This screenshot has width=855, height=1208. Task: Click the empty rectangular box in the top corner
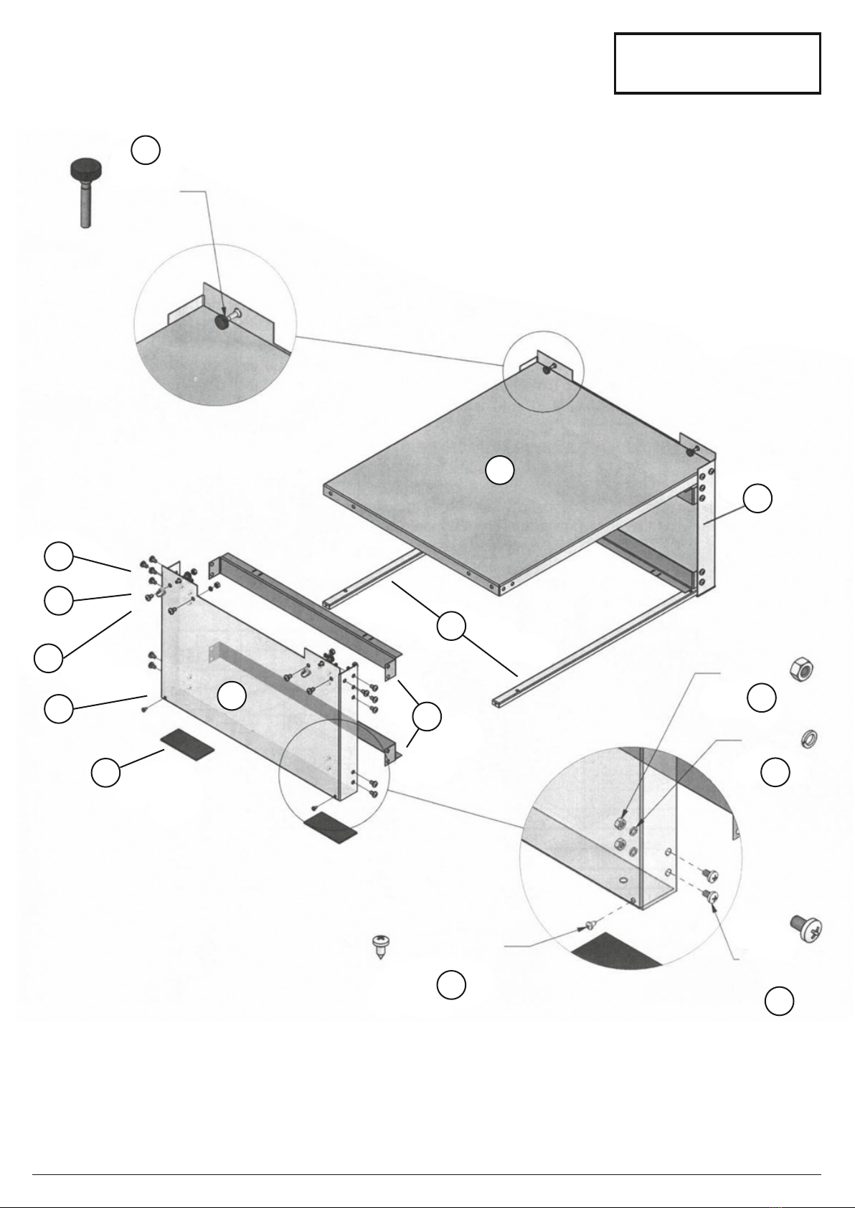[x=717, y=63]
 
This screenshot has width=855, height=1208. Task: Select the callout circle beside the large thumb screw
[x=146, y=150]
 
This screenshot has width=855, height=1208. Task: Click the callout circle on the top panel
[x=499, y=470]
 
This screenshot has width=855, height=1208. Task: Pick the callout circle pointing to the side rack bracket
[x=757, y=499]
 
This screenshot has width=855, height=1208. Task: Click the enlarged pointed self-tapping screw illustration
[x=379, y=946]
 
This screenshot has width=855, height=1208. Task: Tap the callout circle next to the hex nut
[x=762, y=698]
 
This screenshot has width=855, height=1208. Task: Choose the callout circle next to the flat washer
[x=775, y=771]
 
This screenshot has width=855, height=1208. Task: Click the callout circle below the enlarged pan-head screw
[x=779, y=1001]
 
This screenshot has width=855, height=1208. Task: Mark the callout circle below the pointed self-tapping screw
[x=451, y=985]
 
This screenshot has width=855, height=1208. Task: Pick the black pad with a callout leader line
[x=186, y=744]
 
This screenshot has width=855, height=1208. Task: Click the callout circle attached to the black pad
[x=105, y=772]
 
